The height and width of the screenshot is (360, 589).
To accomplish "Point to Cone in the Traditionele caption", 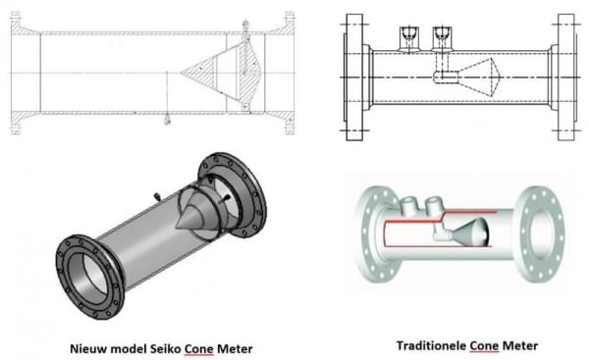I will tap(488, 345).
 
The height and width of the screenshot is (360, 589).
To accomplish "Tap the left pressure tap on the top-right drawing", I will tap(407, 37).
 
